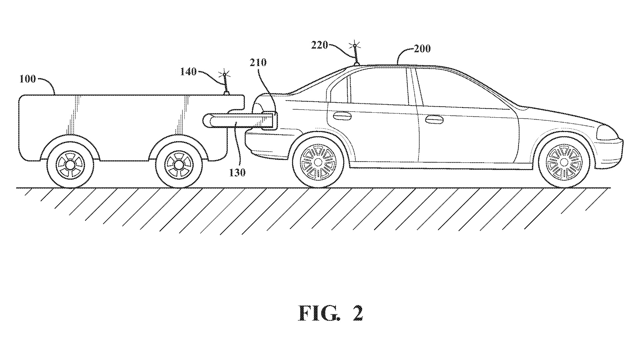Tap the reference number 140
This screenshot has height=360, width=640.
(189, 72)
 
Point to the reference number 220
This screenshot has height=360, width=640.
(320, 45)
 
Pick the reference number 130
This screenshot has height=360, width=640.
(237, 172)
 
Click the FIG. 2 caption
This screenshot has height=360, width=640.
(330, 313)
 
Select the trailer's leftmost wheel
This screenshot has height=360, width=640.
(70, 164)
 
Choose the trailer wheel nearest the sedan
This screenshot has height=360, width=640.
(179, 164)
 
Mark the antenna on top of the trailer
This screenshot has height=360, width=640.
(226, 83)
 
